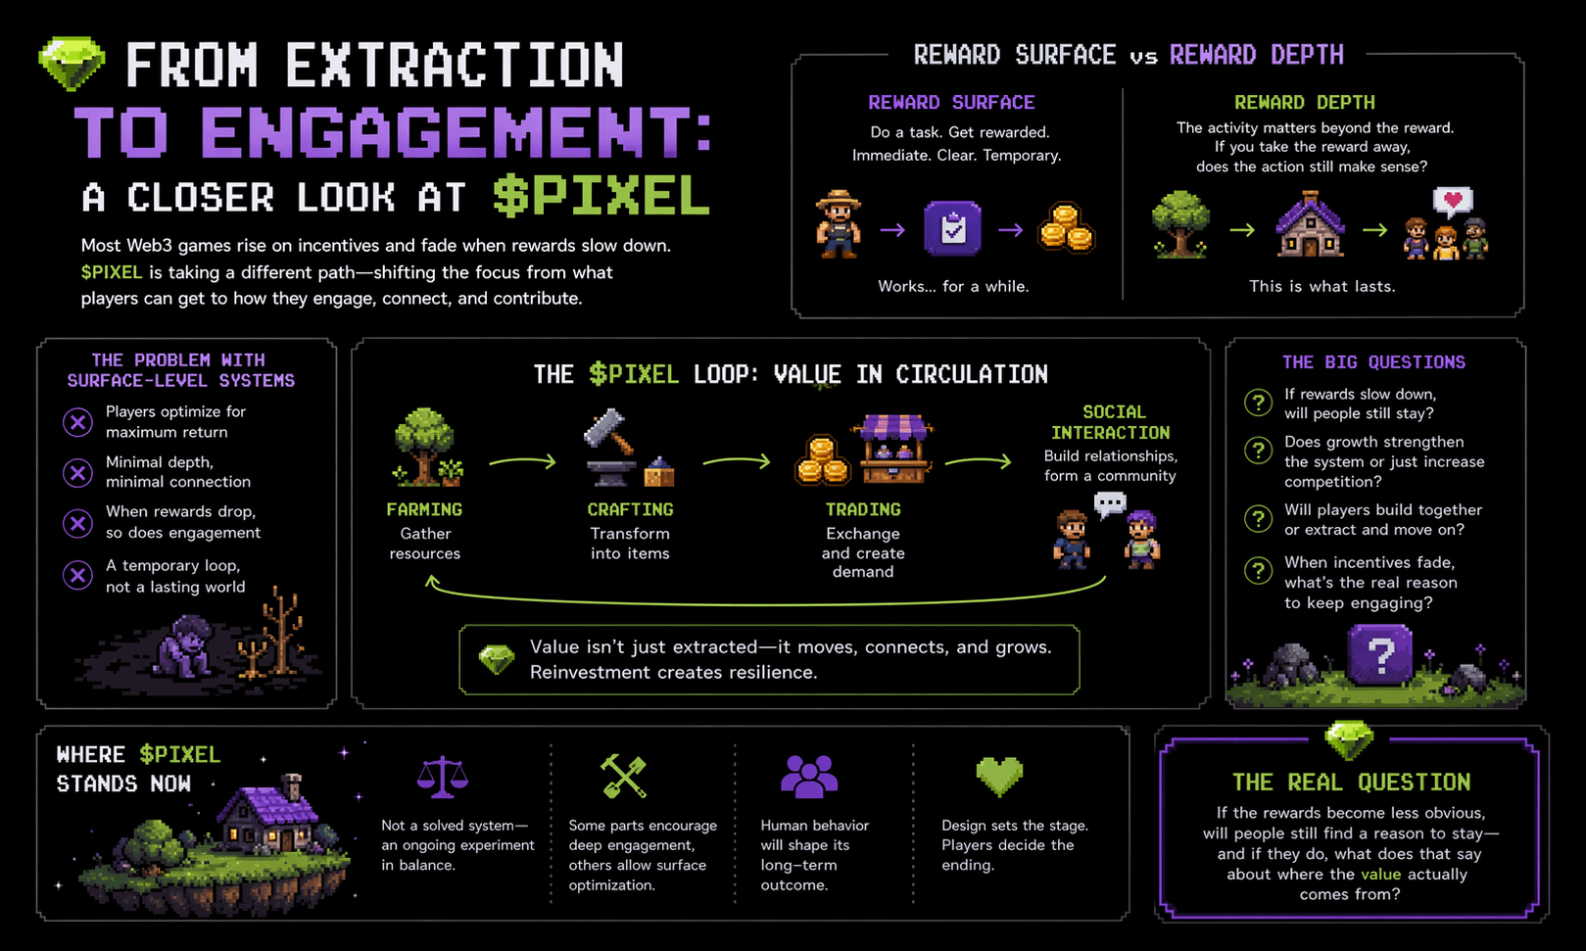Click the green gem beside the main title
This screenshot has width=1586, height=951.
[72, 63]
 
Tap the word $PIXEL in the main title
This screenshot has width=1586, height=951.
[601, 196]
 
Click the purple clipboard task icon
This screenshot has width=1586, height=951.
[952, 228]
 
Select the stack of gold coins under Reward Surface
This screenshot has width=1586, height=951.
[1066, 227]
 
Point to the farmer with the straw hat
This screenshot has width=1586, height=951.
[839, 224]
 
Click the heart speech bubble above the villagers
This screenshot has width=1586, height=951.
[1453, 202]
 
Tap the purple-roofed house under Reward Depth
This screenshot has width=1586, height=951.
[1311, 225]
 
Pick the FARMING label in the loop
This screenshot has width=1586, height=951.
[424, 509]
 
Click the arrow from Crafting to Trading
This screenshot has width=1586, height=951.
[737, 460]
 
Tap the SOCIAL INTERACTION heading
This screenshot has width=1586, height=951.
[1111, 422]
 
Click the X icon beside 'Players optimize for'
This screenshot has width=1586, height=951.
[77, 422]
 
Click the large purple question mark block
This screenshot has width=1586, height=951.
[1379, 653]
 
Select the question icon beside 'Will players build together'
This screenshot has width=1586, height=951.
[1258, 518]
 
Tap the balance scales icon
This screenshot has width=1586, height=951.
[442, 777]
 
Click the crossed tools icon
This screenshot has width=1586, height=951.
[623, 776]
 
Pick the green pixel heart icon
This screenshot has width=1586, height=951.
[999, 776]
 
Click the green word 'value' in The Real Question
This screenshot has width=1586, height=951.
[1380, 874]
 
